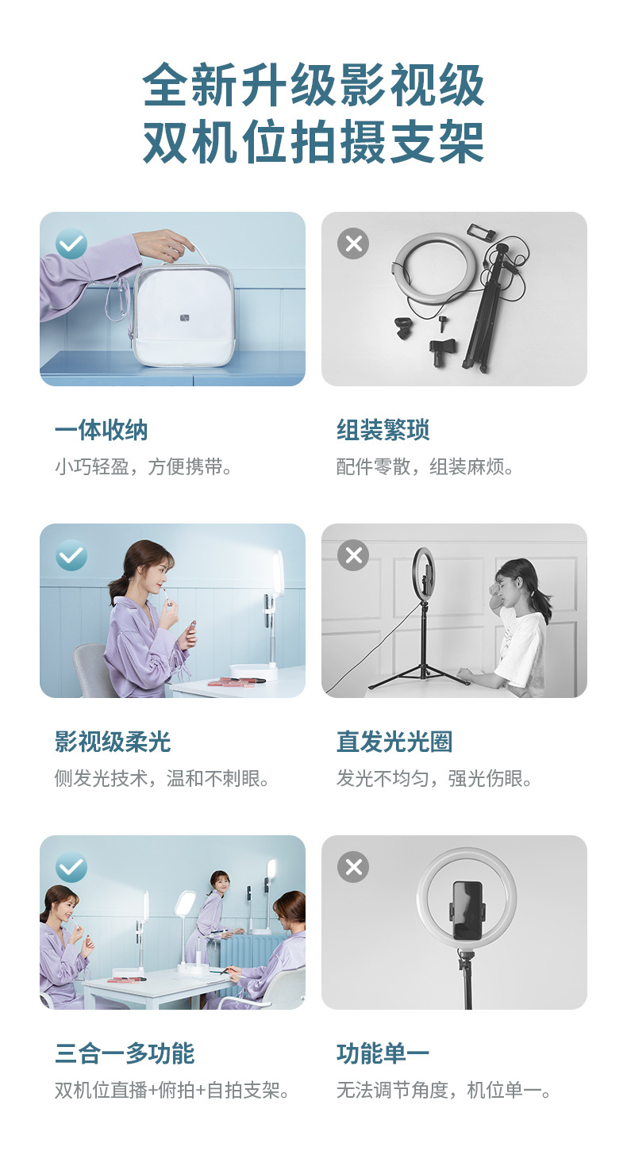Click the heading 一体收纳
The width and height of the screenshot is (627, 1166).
101,430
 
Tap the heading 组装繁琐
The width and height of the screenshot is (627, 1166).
383,430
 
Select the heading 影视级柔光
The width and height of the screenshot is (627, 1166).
113,742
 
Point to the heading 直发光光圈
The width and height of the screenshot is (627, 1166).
394,742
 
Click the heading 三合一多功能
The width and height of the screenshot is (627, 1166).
125,1053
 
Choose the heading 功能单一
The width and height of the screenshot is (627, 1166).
383,1053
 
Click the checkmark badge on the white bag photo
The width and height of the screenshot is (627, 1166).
71,243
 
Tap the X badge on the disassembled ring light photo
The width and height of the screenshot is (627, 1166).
353,243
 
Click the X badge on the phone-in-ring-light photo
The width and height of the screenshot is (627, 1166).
353,867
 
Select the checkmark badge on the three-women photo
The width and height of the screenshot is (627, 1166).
71,867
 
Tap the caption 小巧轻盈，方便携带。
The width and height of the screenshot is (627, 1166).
143,466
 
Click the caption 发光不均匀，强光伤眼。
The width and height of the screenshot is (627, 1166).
434,779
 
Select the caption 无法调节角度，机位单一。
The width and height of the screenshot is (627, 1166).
444,1090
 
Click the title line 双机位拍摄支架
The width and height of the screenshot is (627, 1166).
313,142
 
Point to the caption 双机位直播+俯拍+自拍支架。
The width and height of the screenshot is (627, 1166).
172,1090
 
